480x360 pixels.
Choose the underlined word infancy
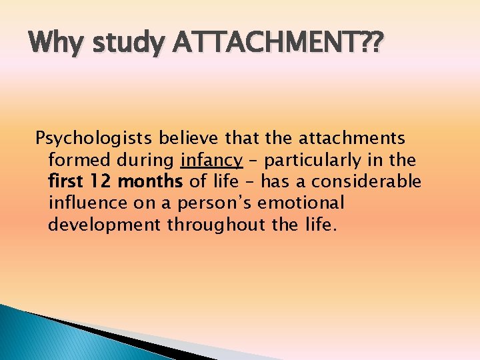click(x=211, y=160)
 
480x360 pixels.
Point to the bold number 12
click(x=100, y=181)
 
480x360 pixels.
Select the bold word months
click(x=150, y=181)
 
